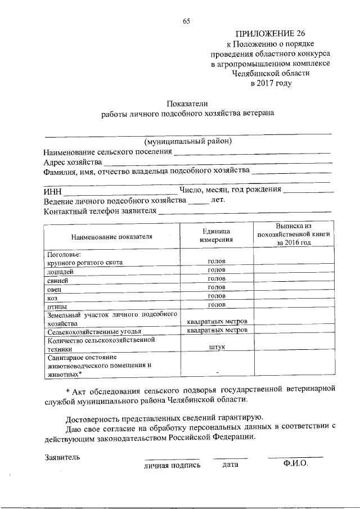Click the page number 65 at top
pyautogui.click(x=187, y=21)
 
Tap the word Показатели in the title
pyautogui.click(x=187, y=103)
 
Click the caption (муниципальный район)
pyautogui.click(x=187, y=141)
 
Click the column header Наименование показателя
pyautogui.click(x=112, y=236)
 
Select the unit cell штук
pyautogui.click(x=217, y=348)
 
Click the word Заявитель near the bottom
pyautogui.click(x=62, y=457)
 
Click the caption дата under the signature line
pyautogui.click(x=230, y=465)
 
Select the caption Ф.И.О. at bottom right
pyautogui.click(x=295, y=464)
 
